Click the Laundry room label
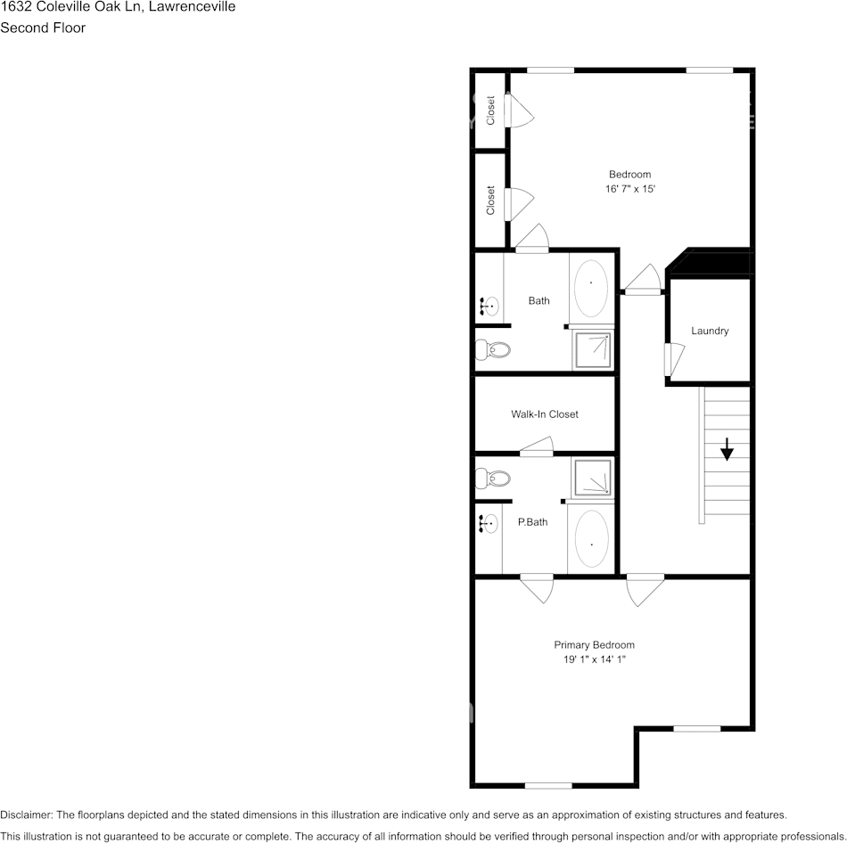(x=710, y=331)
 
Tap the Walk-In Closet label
(x=544, y=414)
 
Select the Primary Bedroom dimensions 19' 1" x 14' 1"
(x=594, y=660)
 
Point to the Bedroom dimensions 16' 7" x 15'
(x=629, y=189)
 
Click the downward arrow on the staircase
(x=727, y=449)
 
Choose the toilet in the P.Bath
(x=493, y=479)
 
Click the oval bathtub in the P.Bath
(x=591, y=538)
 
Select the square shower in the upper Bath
(x=593, y=348)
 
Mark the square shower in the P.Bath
(x=593, y=478)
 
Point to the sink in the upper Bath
(x=488, y=306)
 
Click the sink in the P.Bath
(x=488, y=524)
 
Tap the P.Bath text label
(x=532, y=522)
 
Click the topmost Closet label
(x=490, y=110)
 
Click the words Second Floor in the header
(x=43, y=28)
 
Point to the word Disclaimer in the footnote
(x=26, y=814)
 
